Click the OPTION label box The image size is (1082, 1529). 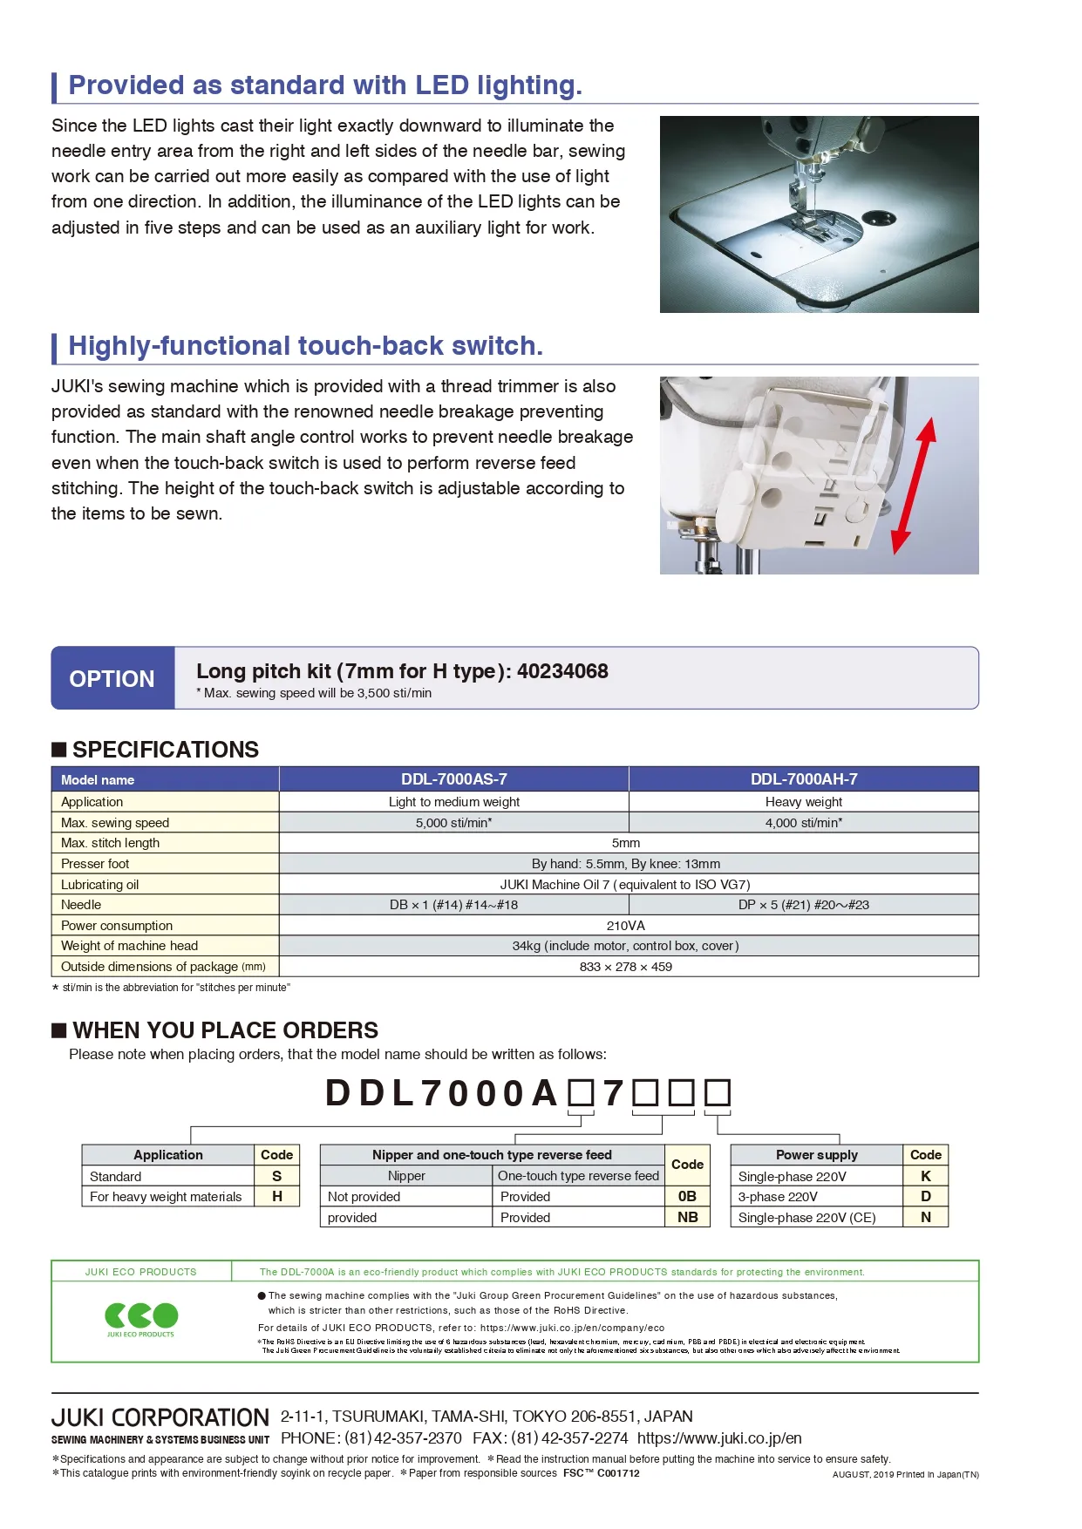(112, 678)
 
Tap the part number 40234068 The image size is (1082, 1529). (562, 671)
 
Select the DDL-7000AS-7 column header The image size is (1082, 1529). (453, 779)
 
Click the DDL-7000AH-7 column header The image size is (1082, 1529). (803, 779)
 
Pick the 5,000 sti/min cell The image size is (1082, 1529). (453, 822)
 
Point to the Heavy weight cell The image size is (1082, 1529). (803, 802)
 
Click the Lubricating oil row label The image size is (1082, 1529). (100, 885)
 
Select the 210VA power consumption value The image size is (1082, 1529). (625, 926)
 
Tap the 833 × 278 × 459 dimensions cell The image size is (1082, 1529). (625, 967)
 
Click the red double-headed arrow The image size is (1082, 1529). (914, 485)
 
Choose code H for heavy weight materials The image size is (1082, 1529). (276, 1197)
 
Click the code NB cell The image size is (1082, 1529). (687, 1218)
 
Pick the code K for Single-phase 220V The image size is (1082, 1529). (925, 1176)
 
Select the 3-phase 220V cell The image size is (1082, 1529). (778, 1197)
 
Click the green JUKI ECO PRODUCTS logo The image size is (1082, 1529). (141, 1316)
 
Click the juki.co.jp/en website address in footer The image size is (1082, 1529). (719, 1438)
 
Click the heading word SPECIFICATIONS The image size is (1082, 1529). (166, 750)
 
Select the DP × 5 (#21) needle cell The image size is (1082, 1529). (803, 905)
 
